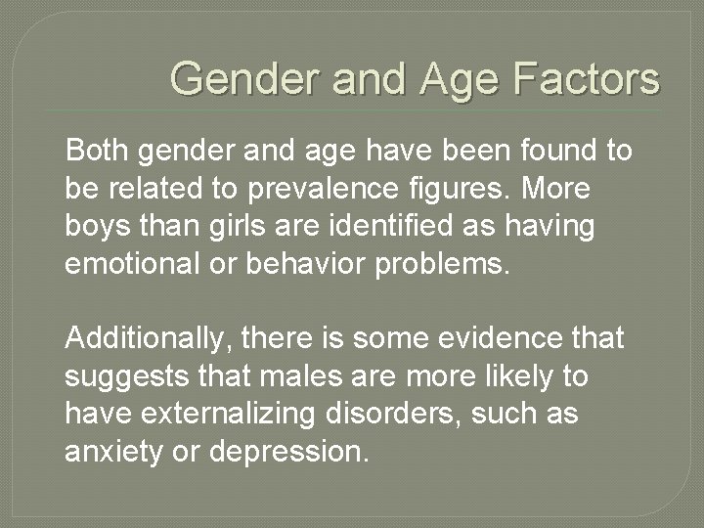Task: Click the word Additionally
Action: point(147,339)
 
